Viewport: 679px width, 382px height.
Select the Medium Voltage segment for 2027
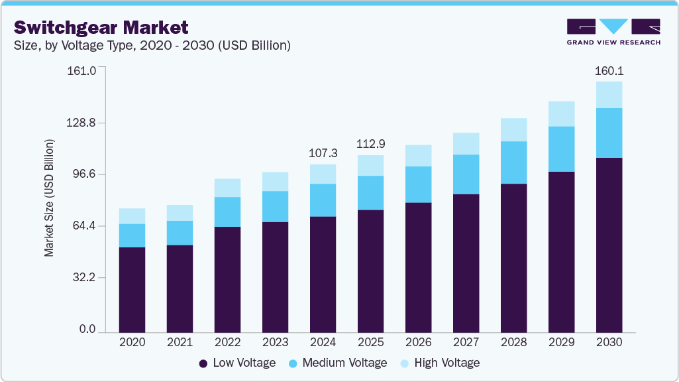(466, 174)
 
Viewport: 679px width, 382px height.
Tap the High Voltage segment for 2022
(227, 188)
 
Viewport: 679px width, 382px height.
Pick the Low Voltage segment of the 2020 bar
(132, 289)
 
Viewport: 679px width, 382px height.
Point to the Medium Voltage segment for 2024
(323, 200)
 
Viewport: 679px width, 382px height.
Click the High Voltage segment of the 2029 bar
(561, 113)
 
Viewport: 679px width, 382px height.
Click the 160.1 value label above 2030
(609, 71)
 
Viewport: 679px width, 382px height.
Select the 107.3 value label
(323, 153)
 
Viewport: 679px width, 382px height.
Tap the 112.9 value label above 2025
(370, 144)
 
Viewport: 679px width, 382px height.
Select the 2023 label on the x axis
(275, 342)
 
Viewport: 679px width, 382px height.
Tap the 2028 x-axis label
(513, 342)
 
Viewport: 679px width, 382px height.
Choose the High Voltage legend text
(446, 363)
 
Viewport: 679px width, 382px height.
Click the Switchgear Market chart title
(101, 27)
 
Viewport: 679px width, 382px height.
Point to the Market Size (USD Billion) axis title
(49, 198)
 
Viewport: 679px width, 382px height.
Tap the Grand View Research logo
(613, 31)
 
